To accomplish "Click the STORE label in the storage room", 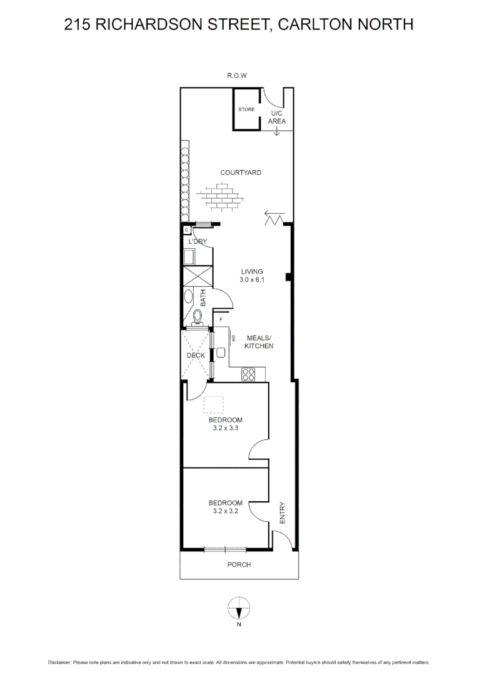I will (x=246, y=109).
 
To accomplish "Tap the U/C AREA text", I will (x=277, y=117).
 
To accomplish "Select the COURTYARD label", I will (x=240, y=172).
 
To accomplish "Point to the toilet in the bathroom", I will (x=198, y=317).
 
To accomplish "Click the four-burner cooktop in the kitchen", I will (x=249, y=374).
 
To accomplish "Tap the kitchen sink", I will (x=220, y=352).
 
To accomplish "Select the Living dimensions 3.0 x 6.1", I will (x=253, y=281).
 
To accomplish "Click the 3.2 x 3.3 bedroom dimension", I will (x=225, y=429).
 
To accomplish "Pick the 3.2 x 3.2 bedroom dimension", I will (x=225, y=511).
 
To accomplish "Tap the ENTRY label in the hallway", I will (x=282, y=512).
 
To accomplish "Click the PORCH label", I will (x=239, y=565).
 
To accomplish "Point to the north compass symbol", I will (x=238, y=607).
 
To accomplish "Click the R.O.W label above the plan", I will (x=237, y=76).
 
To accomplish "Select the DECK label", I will (x=196, y=356).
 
